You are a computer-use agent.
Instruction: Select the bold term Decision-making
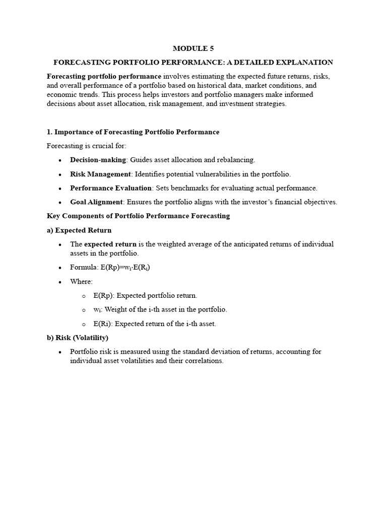point(98,160)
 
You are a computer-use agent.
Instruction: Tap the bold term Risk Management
point(100,174)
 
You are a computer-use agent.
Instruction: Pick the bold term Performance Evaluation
point(110,188)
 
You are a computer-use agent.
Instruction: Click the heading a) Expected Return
point(79,230)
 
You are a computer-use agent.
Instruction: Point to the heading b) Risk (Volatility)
point(77,338)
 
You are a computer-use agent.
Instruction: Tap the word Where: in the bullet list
point(81,282)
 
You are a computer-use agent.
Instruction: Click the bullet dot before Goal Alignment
point(59,203)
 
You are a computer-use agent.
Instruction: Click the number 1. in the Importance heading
point(49,132)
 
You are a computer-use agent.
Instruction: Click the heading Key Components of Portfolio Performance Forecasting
point(138,216)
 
